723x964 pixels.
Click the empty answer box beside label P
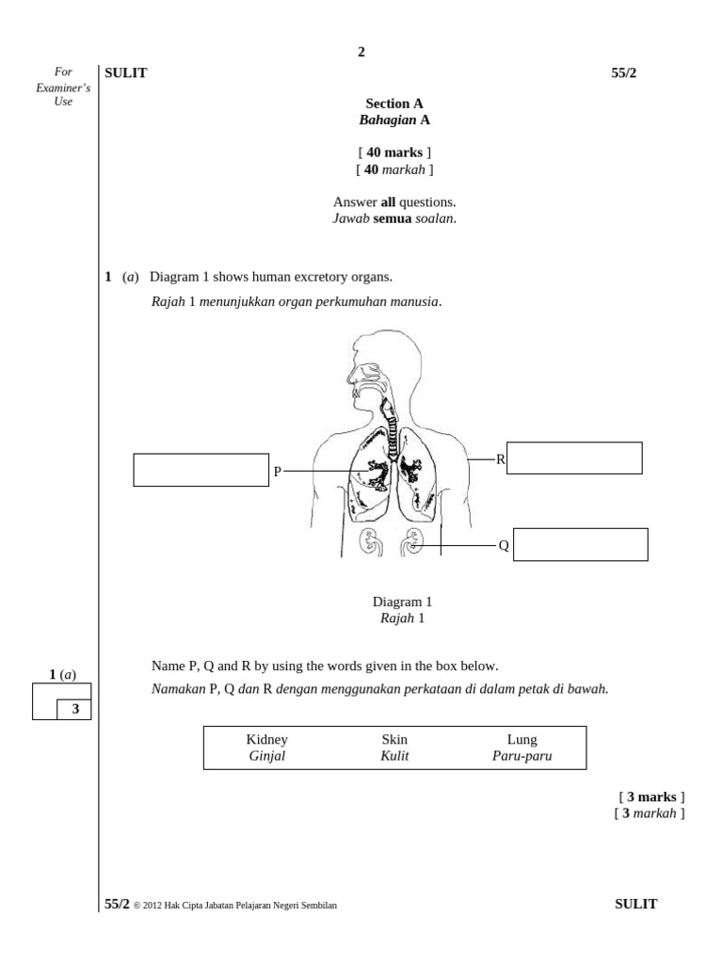[201, 470]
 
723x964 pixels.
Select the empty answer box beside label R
[574, 458]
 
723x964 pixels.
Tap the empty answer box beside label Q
[580, 544]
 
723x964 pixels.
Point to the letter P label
[278, 472]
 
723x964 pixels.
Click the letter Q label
[504, 545]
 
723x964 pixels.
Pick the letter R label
[501, 459]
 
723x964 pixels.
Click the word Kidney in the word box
[266, 740]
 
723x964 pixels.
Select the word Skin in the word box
[394, 740]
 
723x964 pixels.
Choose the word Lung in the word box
[522, 740]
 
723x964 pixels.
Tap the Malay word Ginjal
[266, 756]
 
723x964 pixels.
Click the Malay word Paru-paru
[522, 756]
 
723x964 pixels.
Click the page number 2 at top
[361, 52]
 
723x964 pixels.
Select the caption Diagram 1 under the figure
[402, 602]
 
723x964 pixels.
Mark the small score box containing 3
[74, 710]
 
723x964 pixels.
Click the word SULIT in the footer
[635, 904]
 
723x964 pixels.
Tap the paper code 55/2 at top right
[623, 73]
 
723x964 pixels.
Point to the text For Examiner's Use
[63, 87]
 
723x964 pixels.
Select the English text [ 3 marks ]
[651, 797]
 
